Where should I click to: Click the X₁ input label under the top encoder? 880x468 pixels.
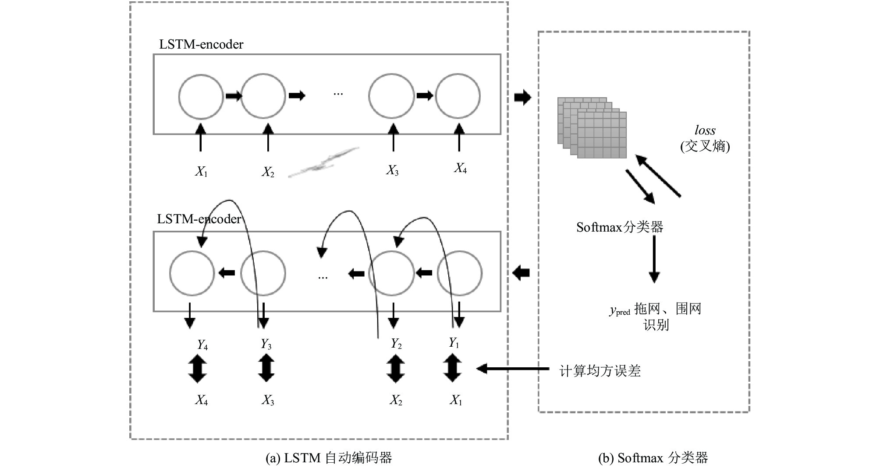pos(201,171)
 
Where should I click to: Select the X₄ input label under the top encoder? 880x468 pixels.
pos(460,168)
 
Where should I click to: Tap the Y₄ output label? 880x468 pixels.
pos(202,345)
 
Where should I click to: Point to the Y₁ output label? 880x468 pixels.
pos(454,343)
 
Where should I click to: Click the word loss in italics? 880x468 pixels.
pos(705,130)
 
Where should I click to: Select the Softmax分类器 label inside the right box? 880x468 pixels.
pos(619,227)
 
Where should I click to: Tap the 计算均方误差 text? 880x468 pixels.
pos(600,371)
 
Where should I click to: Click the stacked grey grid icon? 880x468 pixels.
pos(592,127)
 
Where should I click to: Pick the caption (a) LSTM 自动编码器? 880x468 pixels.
pos(329,458)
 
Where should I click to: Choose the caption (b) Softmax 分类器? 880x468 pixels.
pos(653,458)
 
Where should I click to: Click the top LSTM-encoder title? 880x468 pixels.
pos(201,44)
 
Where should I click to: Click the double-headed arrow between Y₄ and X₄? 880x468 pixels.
pos(197,369)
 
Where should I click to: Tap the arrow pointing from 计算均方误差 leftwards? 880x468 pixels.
pos(513,369)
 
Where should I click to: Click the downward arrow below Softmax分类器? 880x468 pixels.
pos(654,259)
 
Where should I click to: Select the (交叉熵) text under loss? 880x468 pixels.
pos(705,146)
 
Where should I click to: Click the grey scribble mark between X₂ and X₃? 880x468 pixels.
pos(323,162)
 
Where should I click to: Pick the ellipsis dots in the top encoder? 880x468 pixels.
pos(338,94)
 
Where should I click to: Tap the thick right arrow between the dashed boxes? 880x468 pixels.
pos(522,97)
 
